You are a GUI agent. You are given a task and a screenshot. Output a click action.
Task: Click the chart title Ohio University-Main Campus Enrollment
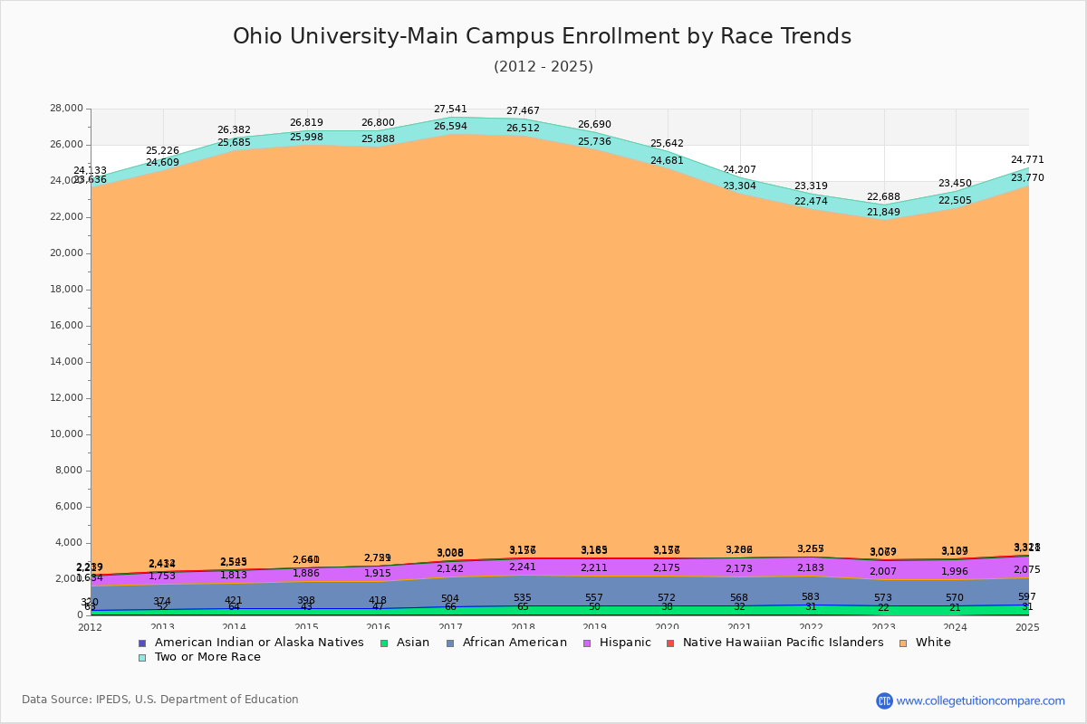pyautogui.click(x=542, y=36)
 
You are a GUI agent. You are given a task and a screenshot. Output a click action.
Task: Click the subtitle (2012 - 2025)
pyautogui.click(x=543, y=67)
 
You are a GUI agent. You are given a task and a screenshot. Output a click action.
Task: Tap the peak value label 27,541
pyautogui.click(x=450, y=110)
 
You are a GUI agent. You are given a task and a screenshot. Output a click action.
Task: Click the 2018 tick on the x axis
pyautogui.click(x=523, y=627)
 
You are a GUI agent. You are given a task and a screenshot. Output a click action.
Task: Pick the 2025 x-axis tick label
pyautogui.click(x=1027, y=627)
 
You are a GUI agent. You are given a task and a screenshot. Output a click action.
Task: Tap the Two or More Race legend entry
pyautogui.click(x=206, y=657)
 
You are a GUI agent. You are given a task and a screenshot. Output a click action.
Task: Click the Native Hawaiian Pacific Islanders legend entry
pyautogui.click(x=783, y=643)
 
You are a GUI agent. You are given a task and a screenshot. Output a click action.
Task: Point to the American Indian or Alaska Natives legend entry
pyautogui.click(x=259, y=643)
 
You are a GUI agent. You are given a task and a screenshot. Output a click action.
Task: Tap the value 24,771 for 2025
pyautogui.click(x=1027, y=160)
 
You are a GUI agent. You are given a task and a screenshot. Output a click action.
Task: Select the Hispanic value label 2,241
pyautogui.click(x=523, y=567)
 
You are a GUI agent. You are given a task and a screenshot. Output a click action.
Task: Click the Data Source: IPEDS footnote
pyautogui.click(x=160, y=700)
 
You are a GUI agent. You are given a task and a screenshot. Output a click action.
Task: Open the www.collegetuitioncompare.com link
pyautogui.click(x=980, y=700)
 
